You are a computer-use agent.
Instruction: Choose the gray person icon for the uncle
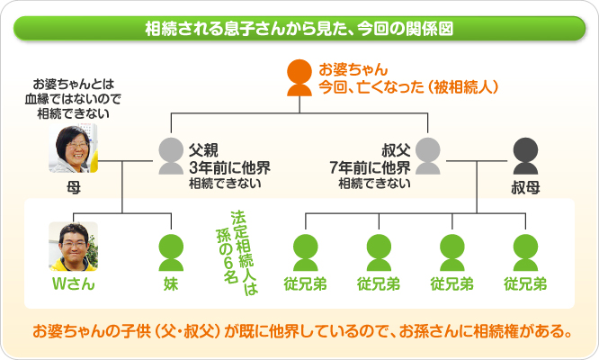[x=428, y=157]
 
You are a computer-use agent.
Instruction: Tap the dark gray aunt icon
[x=525, y=157]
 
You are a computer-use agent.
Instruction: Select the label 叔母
[x=525, y=190]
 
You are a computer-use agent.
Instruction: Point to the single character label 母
[x=73, y=189]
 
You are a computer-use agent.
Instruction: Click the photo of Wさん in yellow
[x=73, y=245]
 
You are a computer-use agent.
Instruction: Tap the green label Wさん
[x=73, y=285]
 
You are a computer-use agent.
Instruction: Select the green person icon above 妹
[x=170, y=251]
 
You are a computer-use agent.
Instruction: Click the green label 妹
[x=170, y=285]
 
